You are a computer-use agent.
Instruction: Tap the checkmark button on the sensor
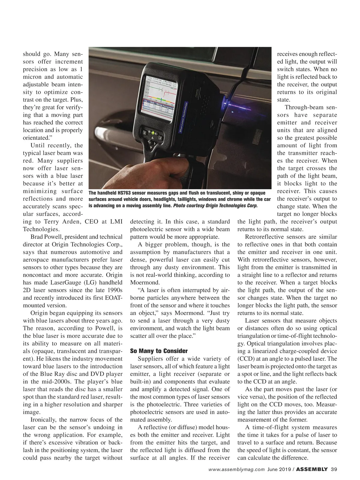(x=160, y=138)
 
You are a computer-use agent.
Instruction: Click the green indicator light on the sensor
(x=153, y=132)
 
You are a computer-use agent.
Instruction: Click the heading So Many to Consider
(x=159, y=351)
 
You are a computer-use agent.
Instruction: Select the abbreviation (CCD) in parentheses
(x=245, y=359)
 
